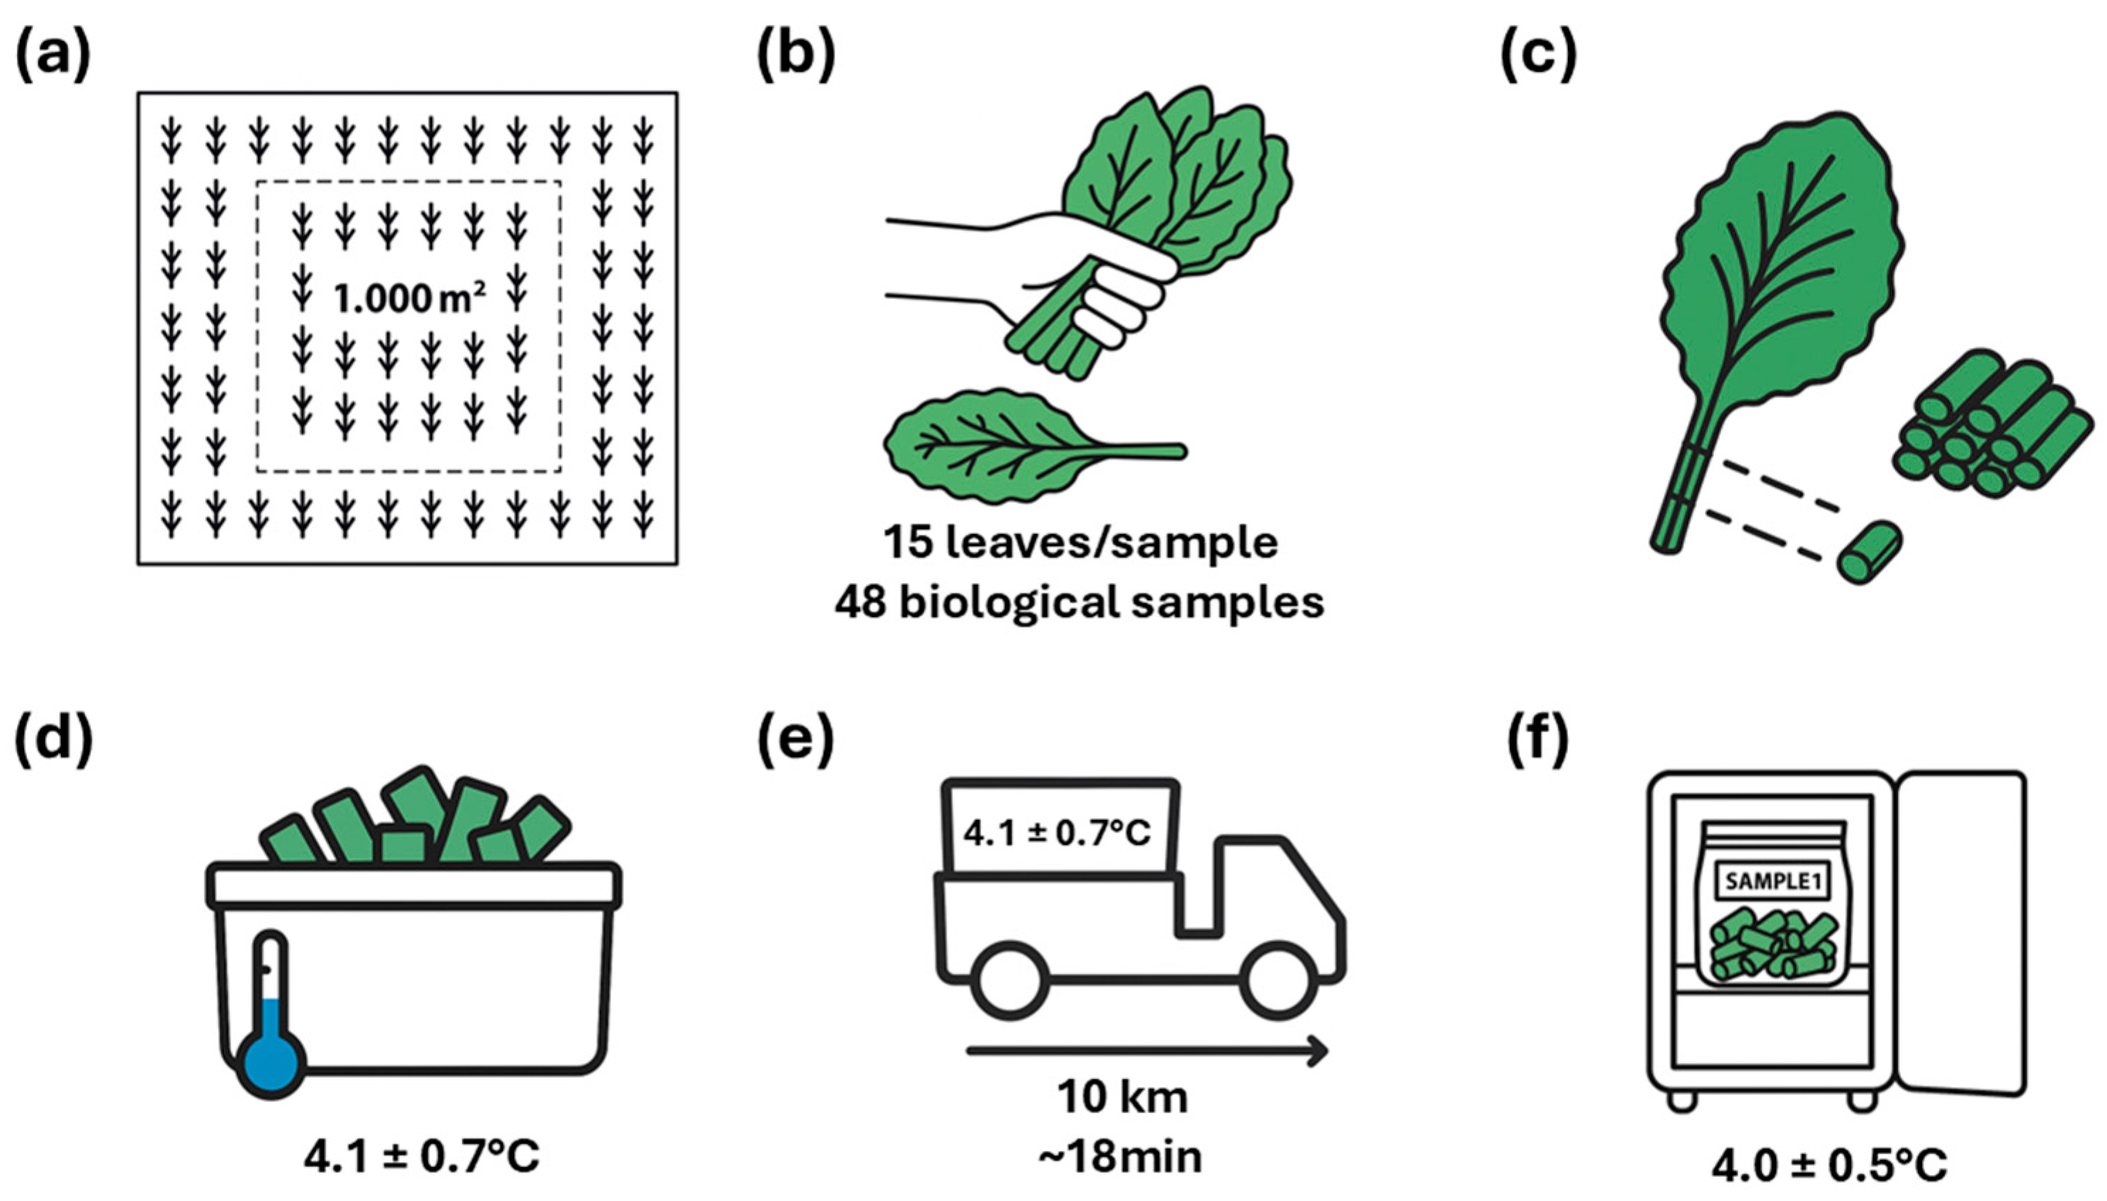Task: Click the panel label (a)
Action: click(x=52, y=59)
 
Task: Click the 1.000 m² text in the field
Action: click(x=408, y=298)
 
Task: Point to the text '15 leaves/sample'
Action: click(x=1080, y=542)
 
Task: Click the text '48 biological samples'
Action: click(x=1079, y=603)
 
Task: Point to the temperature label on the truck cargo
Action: click(x=1057, y=833)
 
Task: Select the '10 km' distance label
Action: click(x=1123, y=1098)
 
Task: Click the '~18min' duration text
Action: click(x=1119, y=1158)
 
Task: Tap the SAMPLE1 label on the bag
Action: click(x=1771, y=882)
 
